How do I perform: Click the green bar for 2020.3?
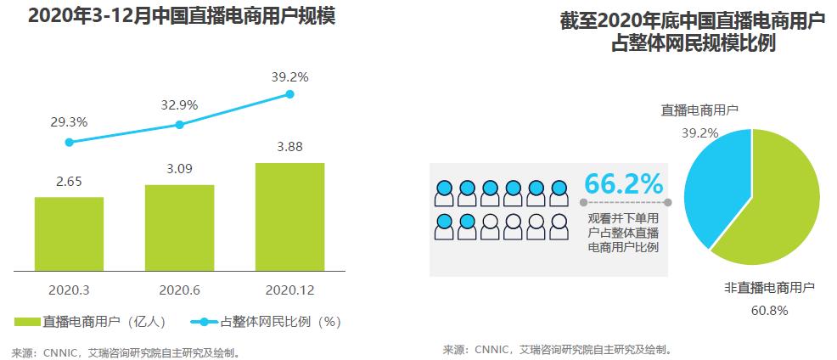tap(69, 233)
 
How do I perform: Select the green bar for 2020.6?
tap(179, 228)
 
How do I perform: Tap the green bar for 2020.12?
tap(289, 217)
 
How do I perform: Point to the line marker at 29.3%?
tap(69, 142)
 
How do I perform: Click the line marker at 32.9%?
tap(179, 125)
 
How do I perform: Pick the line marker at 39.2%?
tap(289, 93)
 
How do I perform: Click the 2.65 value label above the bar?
tap(69, 181)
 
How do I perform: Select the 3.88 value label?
tap(289, 146)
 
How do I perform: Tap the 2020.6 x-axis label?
tap(179, 290)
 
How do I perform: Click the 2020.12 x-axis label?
tap(289, 290)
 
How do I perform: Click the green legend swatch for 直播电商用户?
tap(25, 322)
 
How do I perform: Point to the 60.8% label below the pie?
tap(769, 311)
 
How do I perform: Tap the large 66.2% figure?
tap(623, 183)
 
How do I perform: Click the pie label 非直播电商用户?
tap(769, 289)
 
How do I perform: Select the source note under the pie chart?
tap(557, 349)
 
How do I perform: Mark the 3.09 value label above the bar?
tap(179, 169)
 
